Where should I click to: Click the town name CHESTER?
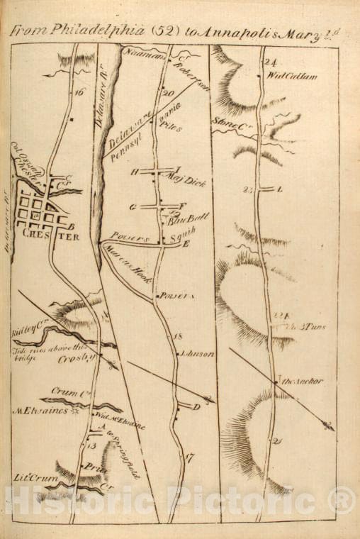point(50,237)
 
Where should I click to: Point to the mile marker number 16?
point(79,91)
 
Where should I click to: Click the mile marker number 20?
point(168,94)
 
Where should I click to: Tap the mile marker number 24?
point(269,62)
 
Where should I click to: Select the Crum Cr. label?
point(64,391)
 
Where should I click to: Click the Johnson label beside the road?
point(198,353)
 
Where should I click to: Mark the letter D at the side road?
point(196,406)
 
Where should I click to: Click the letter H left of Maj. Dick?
point(133,172)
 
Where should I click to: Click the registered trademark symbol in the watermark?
point(343,501)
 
